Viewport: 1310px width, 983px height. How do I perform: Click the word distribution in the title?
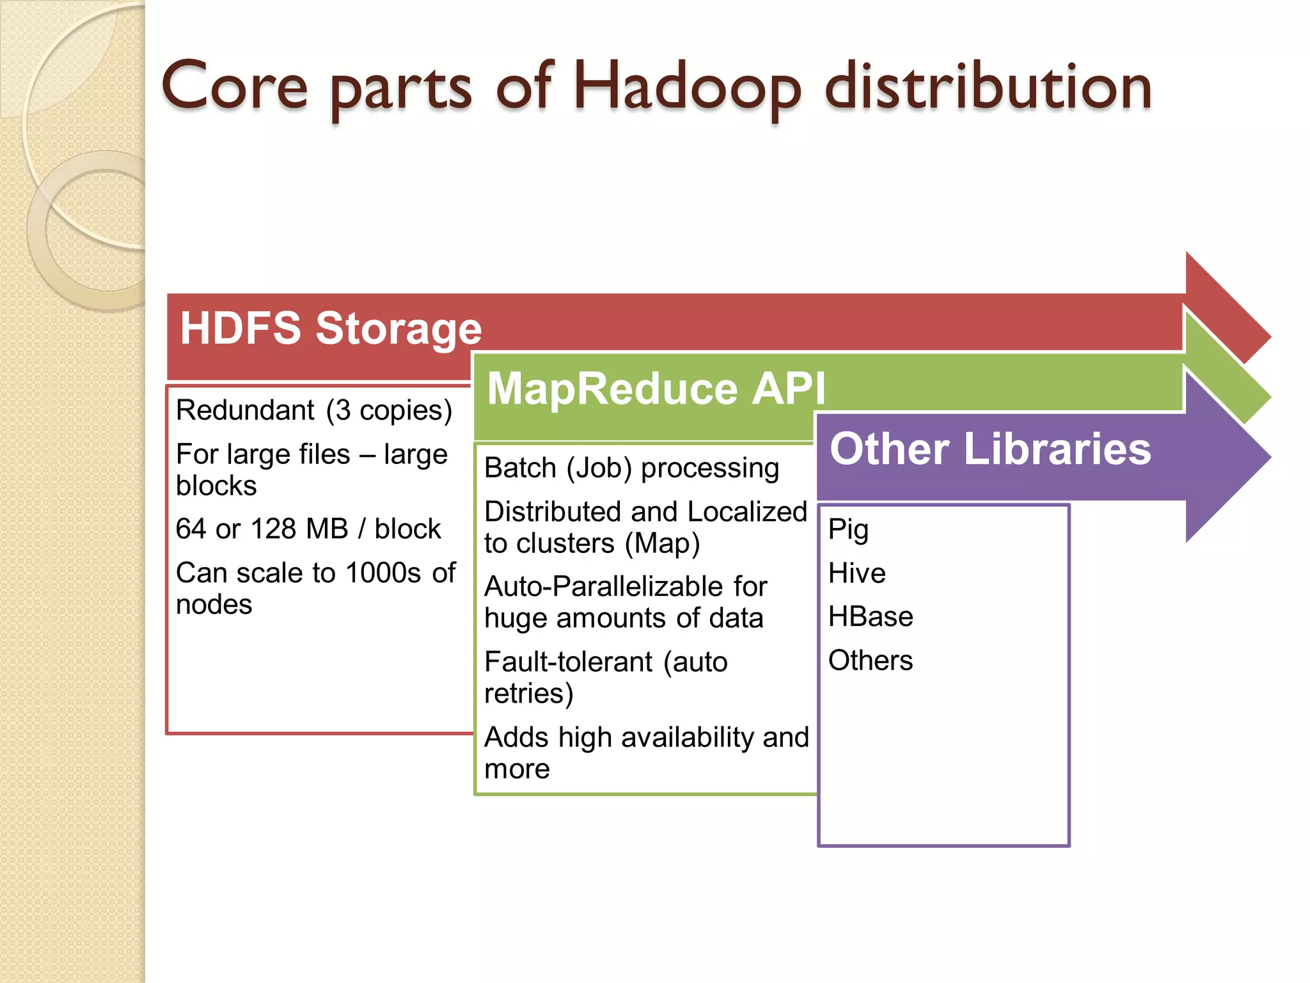[x=988, y=87]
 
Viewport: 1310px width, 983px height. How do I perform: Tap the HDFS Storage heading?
[x=331, y=328]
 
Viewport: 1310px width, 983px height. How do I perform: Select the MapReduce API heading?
[x=656, y=388]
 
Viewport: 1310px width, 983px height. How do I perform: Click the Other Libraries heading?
[x=990, y=449]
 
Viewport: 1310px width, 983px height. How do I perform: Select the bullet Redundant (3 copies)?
[x=314, y=410]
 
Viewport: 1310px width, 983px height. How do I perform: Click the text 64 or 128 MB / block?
[x=308, y=529]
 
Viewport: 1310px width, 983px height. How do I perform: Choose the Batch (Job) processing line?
[x=631, y=468]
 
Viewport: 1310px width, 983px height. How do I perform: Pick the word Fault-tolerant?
[x=569, y=662]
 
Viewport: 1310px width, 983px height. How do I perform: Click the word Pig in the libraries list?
[x=848, y=530]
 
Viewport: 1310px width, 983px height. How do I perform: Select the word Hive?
[x=856, y=573]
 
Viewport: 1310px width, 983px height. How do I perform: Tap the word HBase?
[x=870, y=616]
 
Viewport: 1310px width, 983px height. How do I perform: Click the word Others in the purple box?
[x=870, y=660]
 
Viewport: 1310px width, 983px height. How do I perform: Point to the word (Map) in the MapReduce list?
[x=662, y=544]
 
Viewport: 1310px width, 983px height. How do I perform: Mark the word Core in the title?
[x=235, y=86]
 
